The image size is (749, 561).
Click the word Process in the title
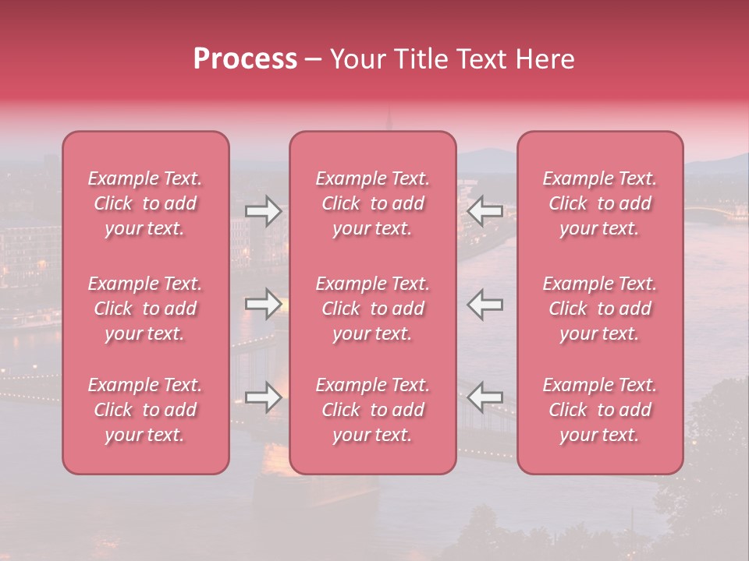245,59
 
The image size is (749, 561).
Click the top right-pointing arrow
263,211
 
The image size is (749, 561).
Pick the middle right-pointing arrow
263,304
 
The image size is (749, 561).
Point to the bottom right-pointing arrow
263,397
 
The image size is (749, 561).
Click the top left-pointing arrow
485,211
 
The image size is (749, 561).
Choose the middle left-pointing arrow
485,304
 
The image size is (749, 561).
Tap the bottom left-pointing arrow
485,397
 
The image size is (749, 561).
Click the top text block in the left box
145,203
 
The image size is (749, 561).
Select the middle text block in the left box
145,309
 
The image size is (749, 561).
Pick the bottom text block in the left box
145,410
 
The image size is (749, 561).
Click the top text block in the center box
373,203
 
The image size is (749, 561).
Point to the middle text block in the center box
373,309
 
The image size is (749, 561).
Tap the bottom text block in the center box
373,410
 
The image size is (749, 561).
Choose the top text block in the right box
600,203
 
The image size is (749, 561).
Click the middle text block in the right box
600,309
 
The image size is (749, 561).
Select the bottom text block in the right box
600,410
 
